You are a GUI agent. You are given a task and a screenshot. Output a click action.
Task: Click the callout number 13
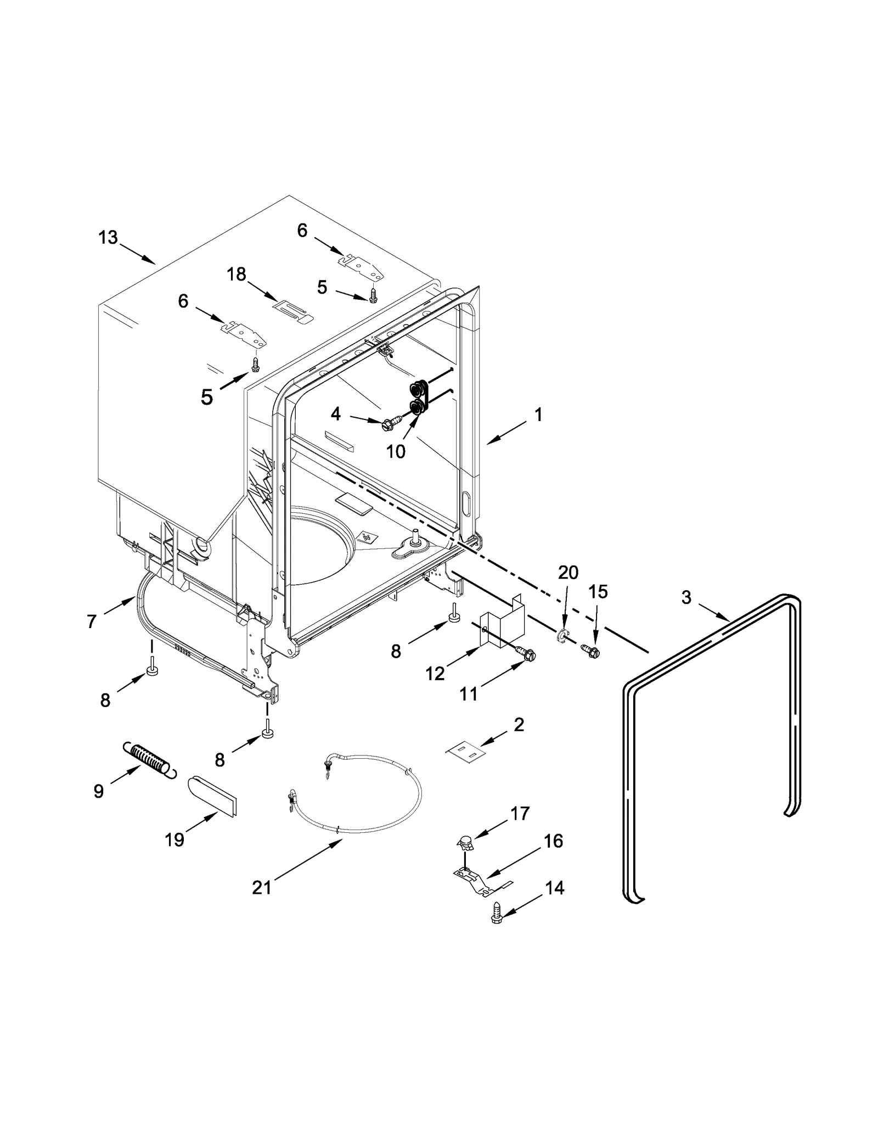coord(108,238)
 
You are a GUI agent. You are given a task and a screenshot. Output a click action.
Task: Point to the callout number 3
coord(686,597)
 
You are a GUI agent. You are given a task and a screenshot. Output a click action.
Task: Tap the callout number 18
coord(237,274)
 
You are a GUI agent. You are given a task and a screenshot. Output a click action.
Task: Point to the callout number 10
coord(396,451)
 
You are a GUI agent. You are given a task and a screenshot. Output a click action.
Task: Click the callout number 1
coord(538,415)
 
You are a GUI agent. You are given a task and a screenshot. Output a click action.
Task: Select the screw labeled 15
coord(592,652)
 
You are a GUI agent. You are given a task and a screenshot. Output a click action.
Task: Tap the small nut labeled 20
coord(561,636)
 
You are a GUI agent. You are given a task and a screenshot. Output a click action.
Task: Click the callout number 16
coord(553,841)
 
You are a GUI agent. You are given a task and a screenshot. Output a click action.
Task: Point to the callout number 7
coord(92,621)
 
